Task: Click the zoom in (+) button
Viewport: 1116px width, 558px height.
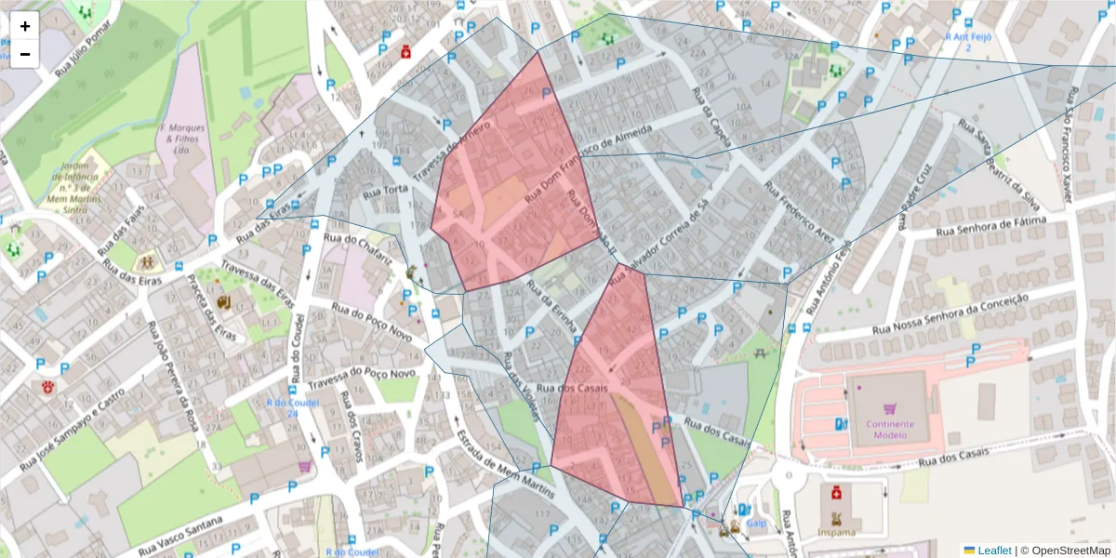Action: pos(25,26)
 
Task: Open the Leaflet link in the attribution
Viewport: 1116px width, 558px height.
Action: pos(993,550)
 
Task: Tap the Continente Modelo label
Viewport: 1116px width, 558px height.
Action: pos(890,430)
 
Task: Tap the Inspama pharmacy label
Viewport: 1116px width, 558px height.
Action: pos(837,532)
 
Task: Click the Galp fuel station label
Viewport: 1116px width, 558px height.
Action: pos(755,524)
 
